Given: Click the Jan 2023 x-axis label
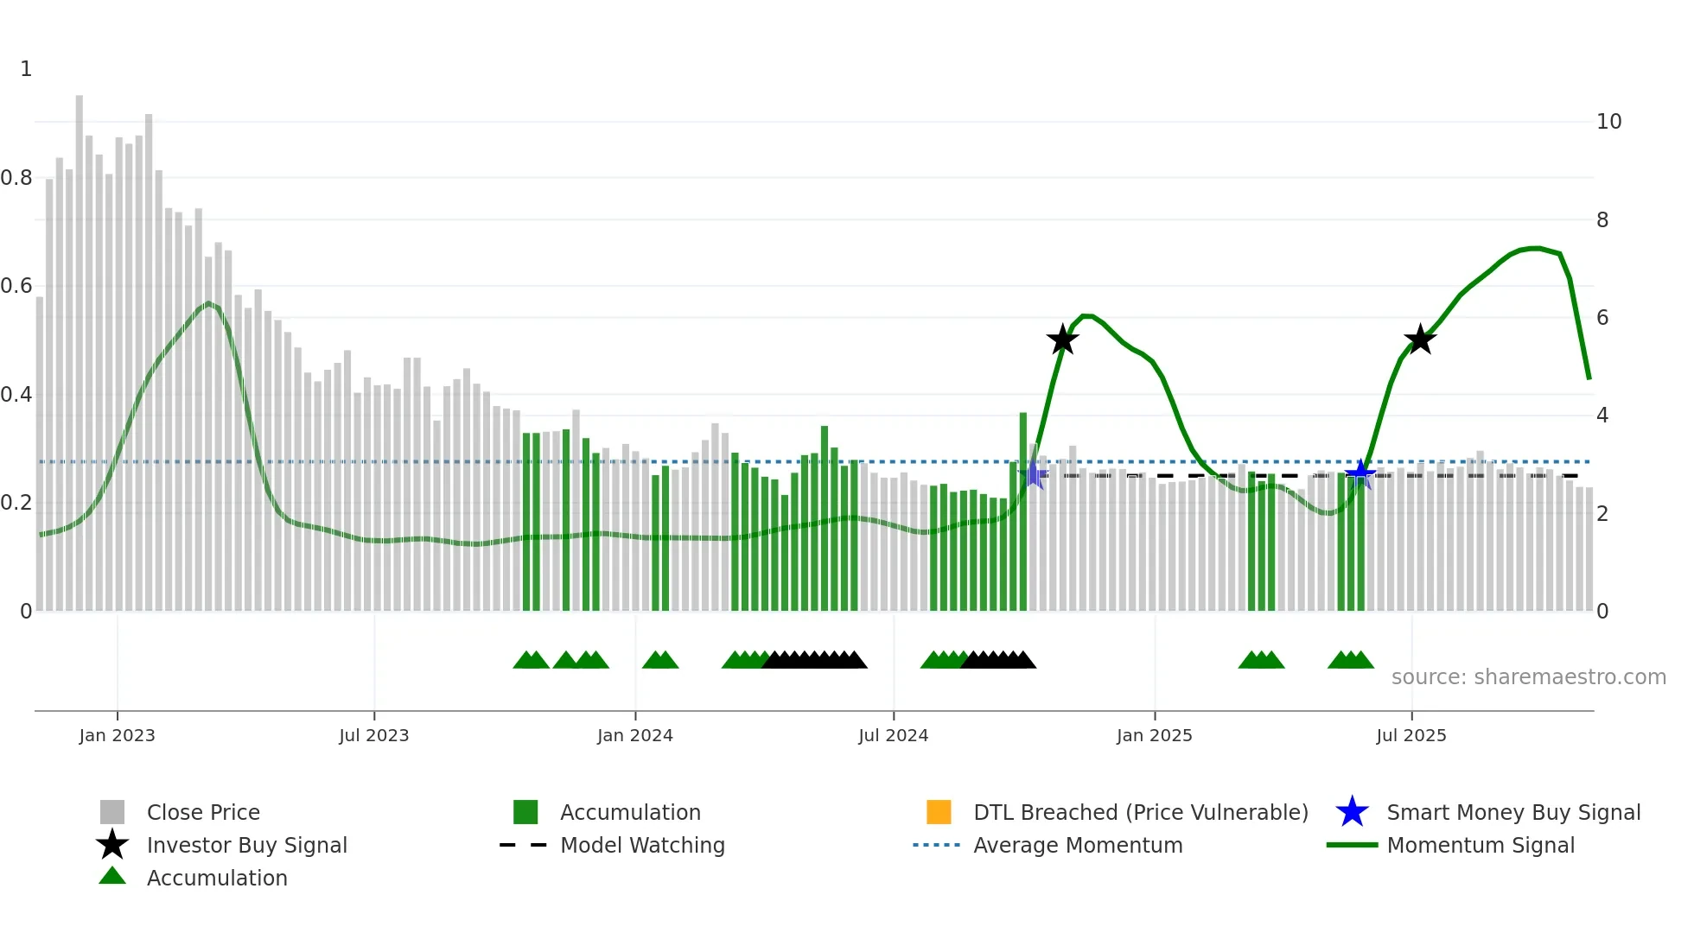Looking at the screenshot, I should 117,735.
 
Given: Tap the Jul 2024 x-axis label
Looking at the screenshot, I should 893,735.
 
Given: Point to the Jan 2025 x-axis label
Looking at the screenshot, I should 1154,735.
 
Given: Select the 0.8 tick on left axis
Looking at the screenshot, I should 16,178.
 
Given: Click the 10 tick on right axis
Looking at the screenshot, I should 1608,122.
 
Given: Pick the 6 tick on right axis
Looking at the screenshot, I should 1602,318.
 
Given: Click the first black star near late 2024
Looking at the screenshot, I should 1062,340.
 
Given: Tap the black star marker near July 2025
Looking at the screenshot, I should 1420,340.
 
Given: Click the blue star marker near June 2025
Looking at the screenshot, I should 1360,473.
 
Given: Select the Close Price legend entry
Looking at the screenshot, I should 203,812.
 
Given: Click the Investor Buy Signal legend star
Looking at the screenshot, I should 112,845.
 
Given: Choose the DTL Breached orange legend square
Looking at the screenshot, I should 939,812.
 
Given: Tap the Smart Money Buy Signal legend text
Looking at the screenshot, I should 1513,812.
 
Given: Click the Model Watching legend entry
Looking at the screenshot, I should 642,845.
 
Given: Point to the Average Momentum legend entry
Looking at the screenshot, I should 1078,845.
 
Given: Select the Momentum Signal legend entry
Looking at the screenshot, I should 1481,845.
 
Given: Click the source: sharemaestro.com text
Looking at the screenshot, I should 1528,677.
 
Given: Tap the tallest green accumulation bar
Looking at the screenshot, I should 1023,510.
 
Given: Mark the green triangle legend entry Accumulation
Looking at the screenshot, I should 112,877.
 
